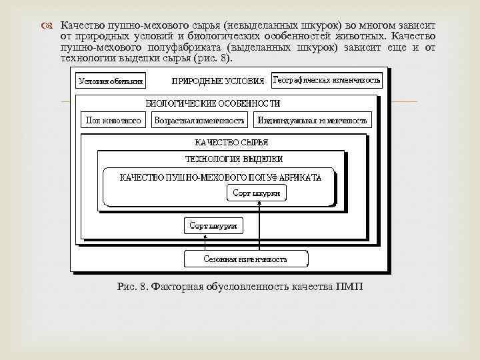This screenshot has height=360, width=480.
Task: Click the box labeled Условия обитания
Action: coord(111,81)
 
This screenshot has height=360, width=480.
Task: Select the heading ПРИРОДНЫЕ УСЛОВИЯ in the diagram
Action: coord(217,81)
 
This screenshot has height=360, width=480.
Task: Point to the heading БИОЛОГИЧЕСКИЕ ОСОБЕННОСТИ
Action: coord(213,103)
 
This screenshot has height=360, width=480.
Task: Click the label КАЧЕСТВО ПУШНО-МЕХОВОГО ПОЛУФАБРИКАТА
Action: coord(221,177)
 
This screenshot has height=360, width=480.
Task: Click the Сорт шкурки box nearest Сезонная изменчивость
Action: coord(213,226)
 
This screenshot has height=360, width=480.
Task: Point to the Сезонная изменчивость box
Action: coord(245,259)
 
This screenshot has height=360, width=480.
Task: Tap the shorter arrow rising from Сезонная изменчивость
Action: coord(213,242)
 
